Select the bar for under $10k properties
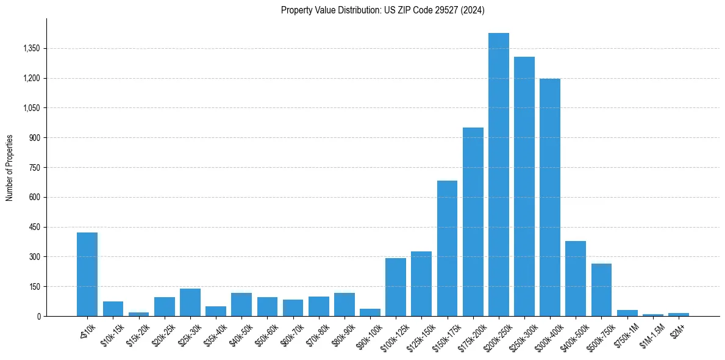click(87, 275)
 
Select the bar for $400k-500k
click(576, 278)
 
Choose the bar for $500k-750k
click(601, 290)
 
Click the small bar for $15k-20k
click(138, 314)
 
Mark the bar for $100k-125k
click(396, 287)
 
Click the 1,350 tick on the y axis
click(31, 48)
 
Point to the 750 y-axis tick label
click(34, 167)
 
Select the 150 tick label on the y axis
click(34, 286)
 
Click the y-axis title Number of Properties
click(10, 167)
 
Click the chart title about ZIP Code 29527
click(382, 10)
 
